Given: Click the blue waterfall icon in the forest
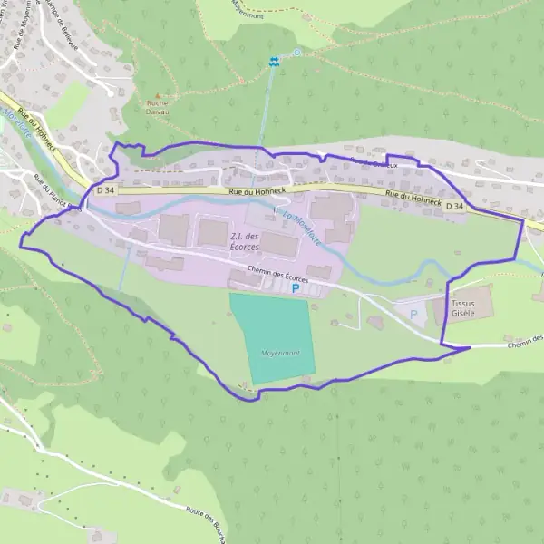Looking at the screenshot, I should [x=273, y=62].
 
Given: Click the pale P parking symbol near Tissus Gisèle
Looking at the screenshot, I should [x=414, y=314].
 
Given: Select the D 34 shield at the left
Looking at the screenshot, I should [x=104, y=191].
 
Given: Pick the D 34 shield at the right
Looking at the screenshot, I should [x=454, y=207].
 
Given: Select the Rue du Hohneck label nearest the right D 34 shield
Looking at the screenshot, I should [x=413, y=199].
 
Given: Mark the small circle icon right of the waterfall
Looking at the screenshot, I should [x=296, y=53].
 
